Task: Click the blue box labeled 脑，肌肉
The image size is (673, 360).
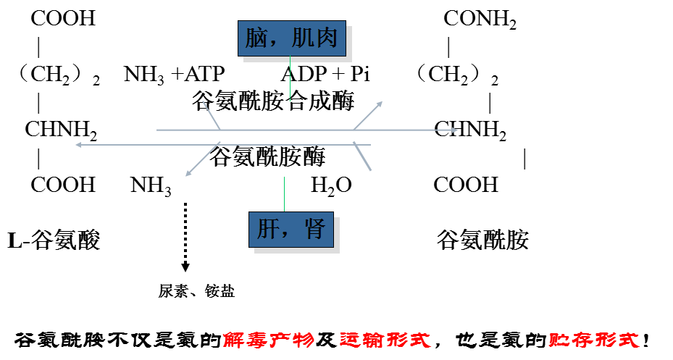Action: pyautogui.click(x=292, y=38)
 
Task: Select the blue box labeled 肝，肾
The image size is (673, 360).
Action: pyautogui.click(x=291, y=230)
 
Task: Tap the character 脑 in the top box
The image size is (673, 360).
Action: pyautogui.click(x=256, y=38)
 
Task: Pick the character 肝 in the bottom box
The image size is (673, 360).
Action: pyautogui.click(x=268, y=230)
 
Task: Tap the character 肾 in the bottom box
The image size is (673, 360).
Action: pyautogui.click(x=314, y=230)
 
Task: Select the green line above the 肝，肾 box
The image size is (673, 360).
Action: pyautogui.click(x=284, y=194)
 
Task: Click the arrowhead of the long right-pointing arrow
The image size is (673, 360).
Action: pyautogui.click(x=454, y=130)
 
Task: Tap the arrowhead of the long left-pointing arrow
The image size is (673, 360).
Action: pyautogui.click(x=78, y=145)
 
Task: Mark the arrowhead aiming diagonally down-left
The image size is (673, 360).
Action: pyautogui.click(x=188, y=173)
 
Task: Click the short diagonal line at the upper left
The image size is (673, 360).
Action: pyautogui.click(x=211, y=115)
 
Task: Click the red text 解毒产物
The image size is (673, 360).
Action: pyautogui.click(x=268, y=340)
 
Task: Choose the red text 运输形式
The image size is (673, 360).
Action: pyautogui.click(x=385, y=340)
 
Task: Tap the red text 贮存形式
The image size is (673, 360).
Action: pyautogui.click(x=594, y=340)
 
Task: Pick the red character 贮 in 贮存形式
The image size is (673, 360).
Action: pyautogui.click(x=559, y=340)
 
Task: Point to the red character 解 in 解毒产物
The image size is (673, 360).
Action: pyautogui.click(x=234, y=340)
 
